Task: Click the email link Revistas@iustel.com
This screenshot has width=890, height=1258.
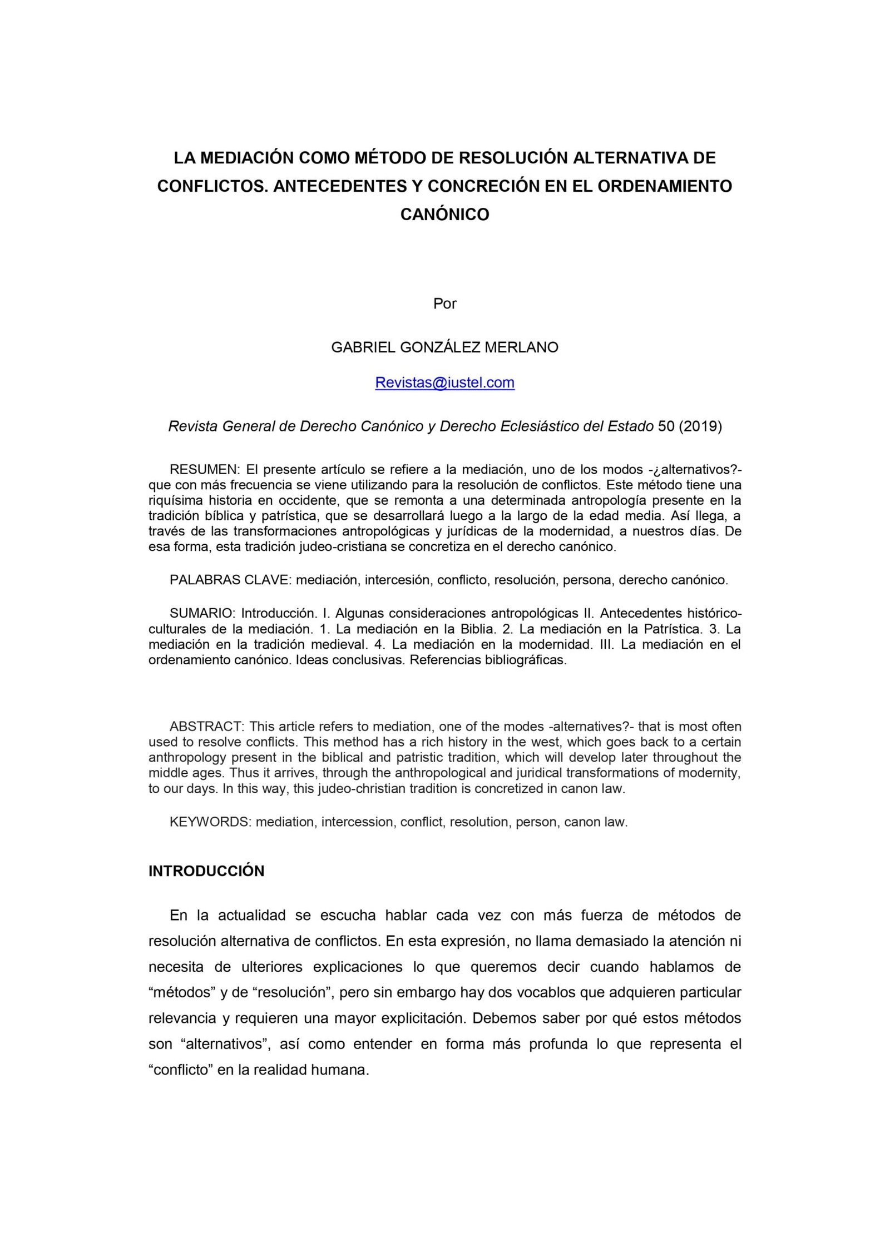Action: tap(444, 382)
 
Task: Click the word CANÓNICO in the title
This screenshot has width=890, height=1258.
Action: tap(444, 215)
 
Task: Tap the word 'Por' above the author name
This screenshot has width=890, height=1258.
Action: tap(444, 304)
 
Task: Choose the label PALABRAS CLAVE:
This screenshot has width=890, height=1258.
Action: tap(230, 580)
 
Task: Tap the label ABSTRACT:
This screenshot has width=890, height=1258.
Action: tap(206, 727)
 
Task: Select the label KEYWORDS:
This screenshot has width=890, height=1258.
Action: tap(210, 822)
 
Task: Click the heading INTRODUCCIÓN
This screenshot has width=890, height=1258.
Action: tap(206, 871)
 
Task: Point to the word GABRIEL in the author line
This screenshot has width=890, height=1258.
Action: tap(361, 347)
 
